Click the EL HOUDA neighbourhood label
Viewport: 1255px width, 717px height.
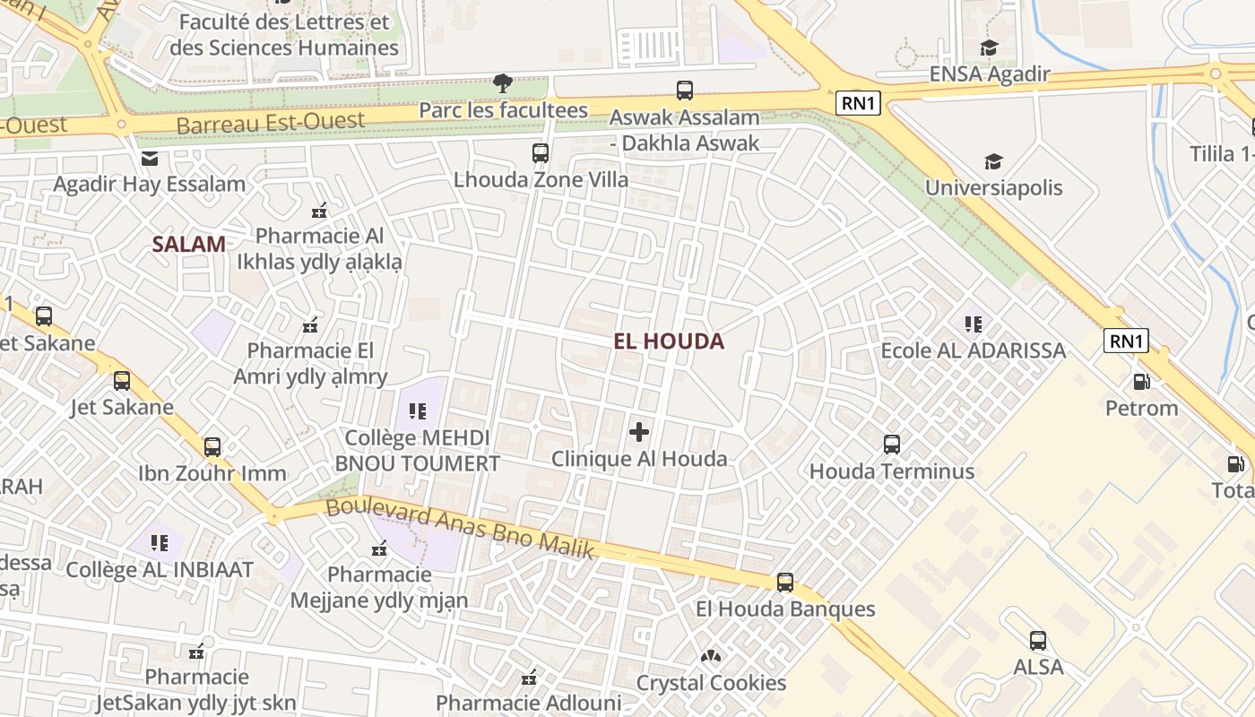[x=669, y=341]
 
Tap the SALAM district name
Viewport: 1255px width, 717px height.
[x=188, y=244]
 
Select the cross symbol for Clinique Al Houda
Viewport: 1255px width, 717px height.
[x=639, y=433]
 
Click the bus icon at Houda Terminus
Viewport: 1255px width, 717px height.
[x=892, y=444]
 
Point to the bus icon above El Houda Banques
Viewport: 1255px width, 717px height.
[x=785, y=582]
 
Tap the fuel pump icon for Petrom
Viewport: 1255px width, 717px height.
[x=1141, y=381]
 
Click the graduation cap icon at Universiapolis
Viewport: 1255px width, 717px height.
[x=993, y=161]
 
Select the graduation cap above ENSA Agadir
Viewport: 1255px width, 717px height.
[x=989, y=48]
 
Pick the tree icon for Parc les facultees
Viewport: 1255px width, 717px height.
[x=503, y=83]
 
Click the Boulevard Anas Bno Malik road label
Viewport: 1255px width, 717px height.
[x=460, y=528]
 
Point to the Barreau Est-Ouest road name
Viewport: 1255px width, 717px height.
[x=271, y=122]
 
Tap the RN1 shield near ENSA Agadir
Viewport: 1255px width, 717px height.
[x=858, y=103]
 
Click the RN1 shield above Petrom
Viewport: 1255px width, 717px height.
[x=1126, y=341]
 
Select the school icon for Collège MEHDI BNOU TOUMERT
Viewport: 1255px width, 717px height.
[x=417, y=411]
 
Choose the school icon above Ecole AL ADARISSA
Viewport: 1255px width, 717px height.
[x=974, y=324]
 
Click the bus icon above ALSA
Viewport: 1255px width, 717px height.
[x=1038, y=641]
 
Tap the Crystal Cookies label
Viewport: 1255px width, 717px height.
[x=711, y=683]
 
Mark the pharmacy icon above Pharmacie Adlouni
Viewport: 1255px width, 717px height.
[x=529, y=677]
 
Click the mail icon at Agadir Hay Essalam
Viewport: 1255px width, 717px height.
[x=149, y=159]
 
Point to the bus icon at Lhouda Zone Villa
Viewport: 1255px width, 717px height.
[x=541, y=152]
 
